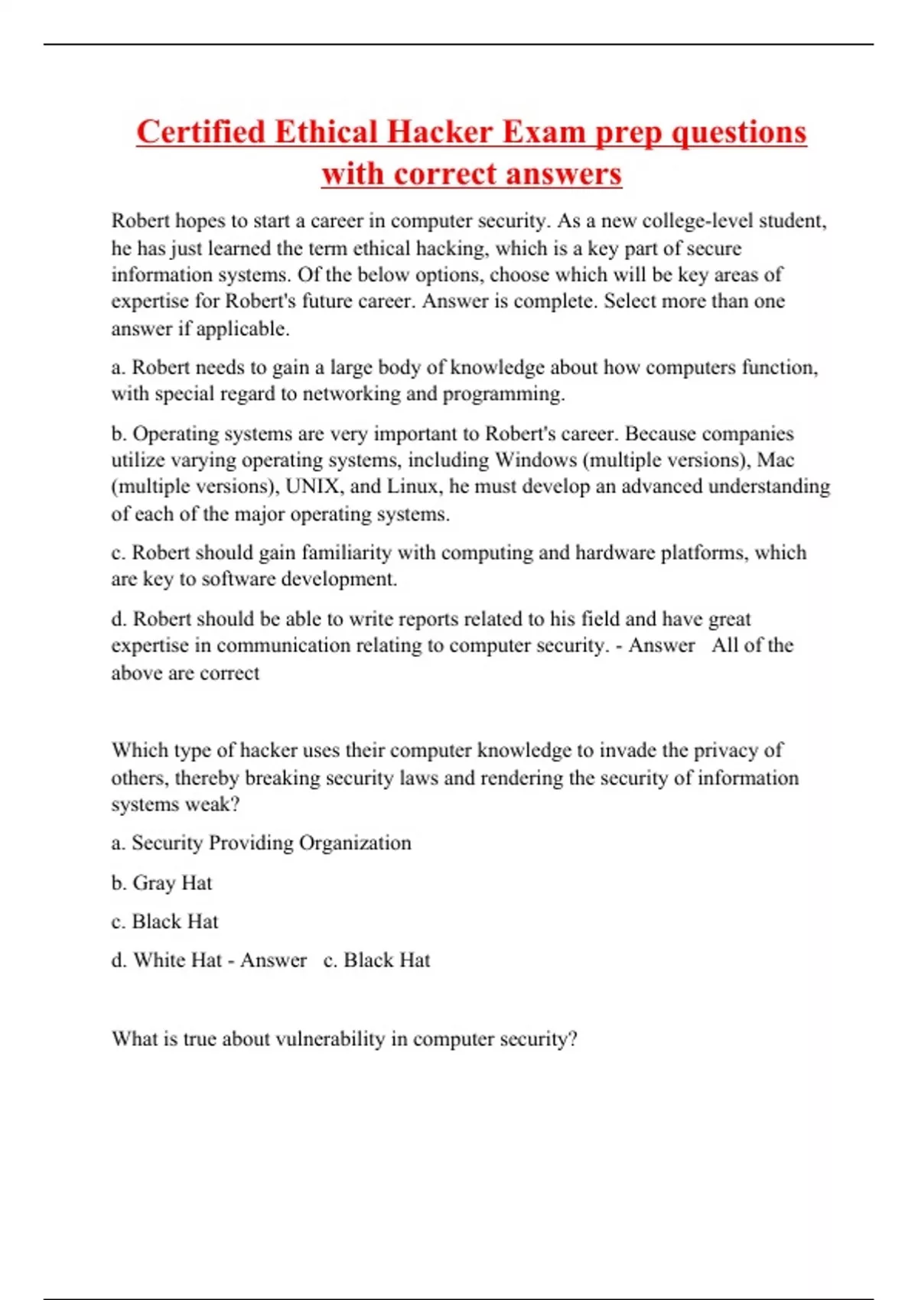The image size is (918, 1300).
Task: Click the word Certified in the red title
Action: coord(200,132)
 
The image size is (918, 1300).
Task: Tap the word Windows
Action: coord(535,460)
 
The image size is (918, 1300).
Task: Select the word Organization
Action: coord(355,843)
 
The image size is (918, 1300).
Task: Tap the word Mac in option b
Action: coord(775,460)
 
